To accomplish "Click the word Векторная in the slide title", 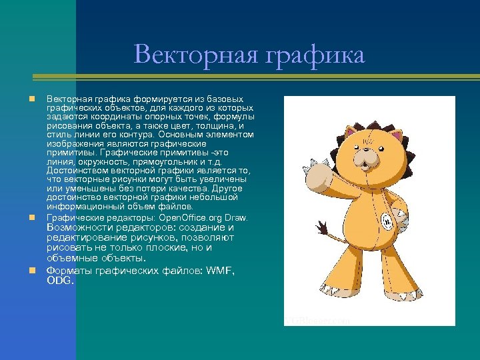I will (191, 55).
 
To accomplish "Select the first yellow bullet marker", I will (31, 99).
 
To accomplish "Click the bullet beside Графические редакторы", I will (31, 218).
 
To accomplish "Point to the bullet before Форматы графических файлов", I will (31, 271).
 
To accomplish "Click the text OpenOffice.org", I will (196, 218).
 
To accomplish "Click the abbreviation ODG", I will (60, 281).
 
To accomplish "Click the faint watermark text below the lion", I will (317, 320).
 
